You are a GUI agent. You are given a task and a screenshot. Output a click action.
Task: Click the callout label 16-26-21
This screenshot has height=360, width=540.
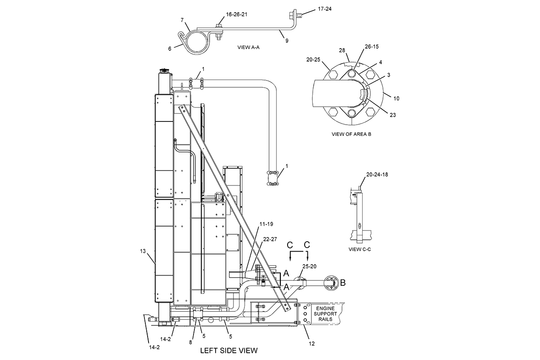point(236,14)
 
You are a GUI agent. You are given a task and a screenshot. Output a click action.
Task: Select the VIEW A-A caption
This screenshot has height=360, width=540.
point(248,47)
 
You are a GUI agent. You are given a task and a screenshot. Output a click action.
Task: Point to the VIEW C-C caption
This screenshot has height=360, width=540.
point(362,248)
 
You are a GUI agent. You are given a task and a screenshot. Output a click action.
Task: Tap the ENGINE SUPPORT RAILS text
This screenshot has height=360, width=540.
point(324,313)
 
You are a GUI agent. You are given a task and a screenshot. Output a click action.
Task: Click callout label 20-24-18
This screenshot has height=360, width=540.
point(377,174)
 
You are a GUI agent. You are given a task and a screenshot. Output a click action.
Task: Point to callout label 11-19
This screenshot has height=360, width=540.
point(266,224)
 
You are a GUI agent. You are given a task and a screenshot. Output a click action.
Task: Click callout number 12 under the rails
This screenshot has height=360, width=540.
point(311,344)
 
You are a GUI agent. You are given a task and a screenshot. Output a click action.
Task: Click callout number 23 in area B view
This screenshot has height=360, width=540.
point(392,115)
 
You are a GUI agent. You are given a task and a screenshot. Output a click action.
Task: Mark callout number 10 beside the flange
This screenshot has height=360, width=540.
point(396,98)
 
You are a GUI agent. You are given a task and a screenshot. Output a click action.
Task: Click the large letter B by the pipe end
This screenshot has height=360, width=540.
point(342,283)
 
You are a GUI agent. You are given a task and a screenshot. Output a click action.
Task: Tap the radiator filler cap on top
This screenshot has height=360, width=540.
point(164,71)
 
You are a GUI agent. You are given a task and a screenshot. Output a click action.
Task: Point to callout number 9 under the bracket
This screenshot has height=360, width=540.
point(287,40)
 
